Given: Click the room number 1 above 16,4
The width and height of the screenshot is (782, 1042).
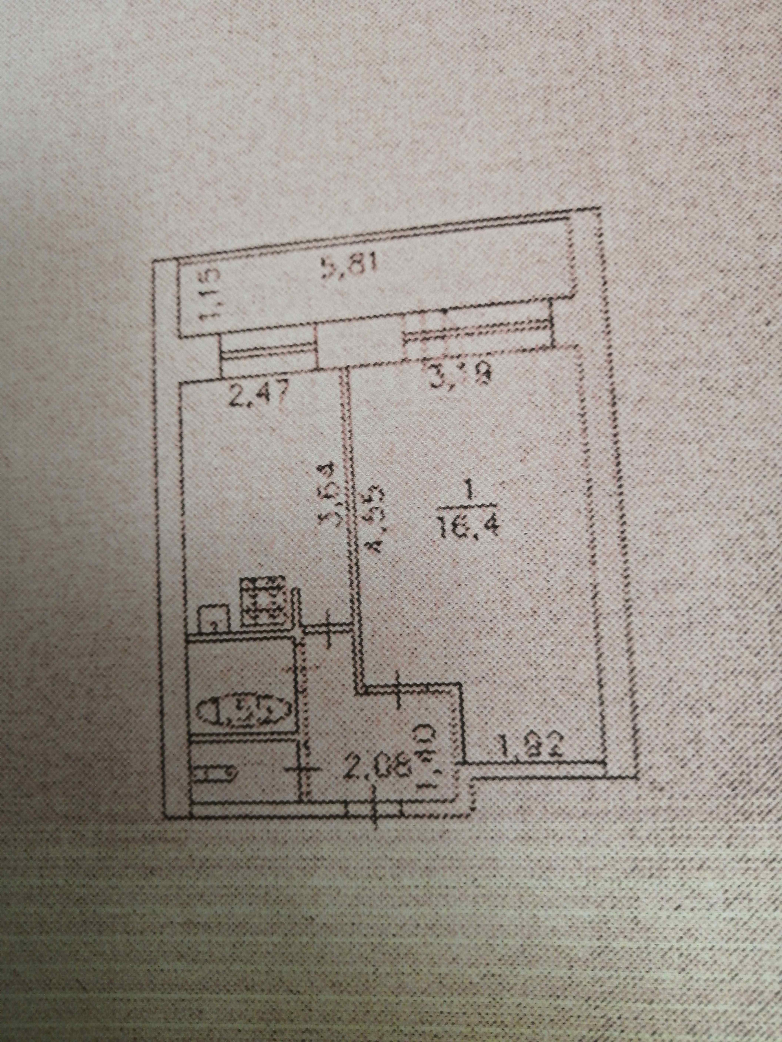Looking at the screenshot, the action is tap(468, 495).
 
